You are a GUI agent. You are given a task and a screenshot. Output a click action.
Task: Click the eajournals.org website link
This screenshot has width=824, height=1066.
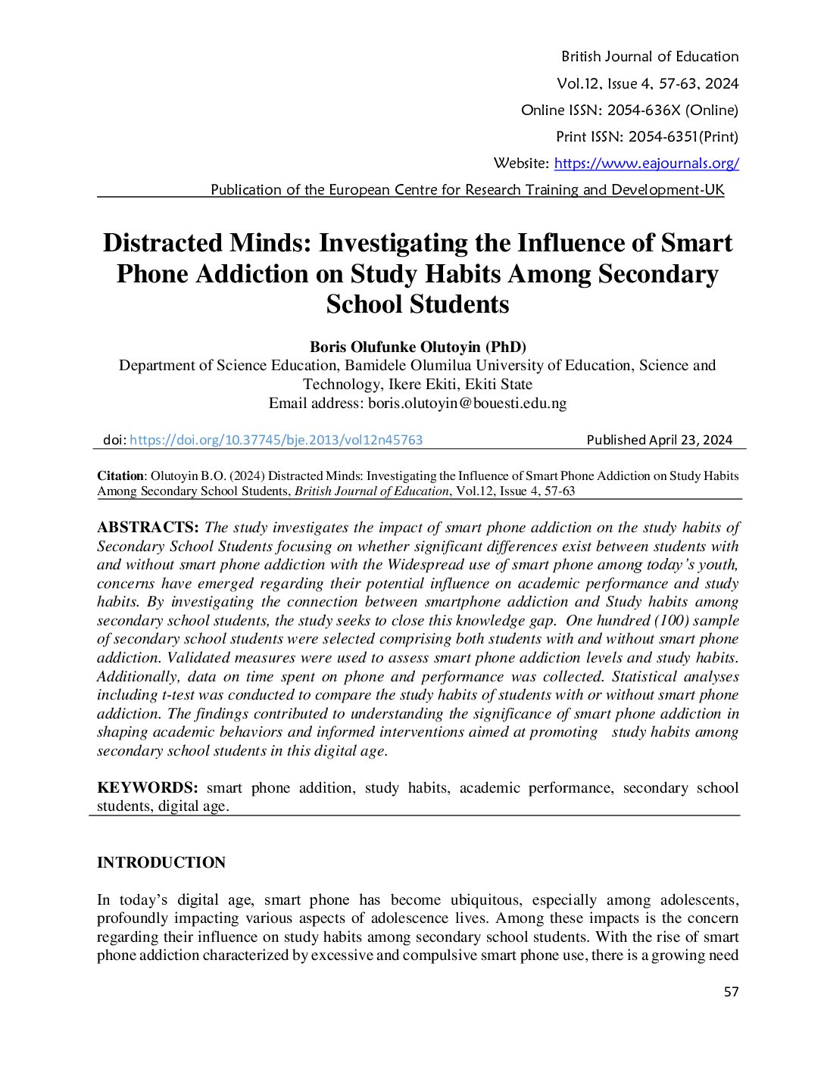[646, 164]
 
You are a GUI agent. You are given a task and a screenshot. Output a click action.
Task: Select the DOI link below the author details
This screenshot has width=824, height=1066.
[276, 440]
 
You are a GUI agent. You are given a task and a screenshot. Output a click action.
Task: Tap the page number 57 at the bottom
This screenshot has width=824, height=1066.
[731, 992]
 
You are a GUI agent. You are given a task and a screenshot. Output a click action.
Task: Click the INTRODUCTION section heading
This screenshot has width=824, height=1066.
[161, 863]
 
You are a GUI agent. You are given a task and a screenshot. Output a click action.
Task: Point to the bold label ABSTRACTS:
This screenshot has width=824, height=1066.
[148, 528]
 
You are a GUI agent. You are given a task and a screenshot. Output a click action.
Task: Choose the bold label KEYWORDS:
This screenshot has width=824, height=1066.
[148, 788]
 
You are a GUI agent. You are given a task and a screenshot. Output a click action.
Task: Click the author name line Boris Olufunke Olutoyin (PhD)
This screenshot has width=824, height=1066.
[417, 347]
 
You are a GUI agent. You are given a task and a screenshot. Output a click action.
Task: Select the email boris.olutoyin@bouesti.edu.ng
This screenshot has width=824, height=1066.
[467, 403]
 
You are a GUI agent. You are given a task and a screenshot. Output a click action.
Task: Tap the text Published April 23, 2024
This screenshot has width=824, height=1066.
[659, 440]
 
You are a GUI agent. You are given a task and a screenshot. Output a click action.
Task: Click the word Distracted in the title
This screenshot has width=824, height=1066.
[161, 243]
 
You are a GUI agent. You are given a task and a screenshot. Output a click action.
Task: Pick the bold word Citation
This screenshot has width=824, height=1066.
[120, 476]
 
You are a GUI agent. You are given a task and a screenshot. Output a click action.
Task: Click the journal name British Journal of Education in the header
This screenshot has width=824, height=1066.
[649, 57]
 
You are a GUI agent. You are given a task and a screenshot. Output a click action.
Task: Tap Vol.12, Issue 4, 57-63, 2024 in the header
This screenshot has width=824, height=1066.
[648, 84]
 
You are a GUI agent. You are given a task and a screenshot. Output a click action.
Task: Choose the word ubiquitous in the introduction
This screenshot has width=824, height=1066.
[485, 900]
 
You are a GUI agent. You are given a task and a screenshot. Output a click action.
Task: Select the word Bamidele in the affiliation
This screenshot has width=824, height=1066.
[375, 366]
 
